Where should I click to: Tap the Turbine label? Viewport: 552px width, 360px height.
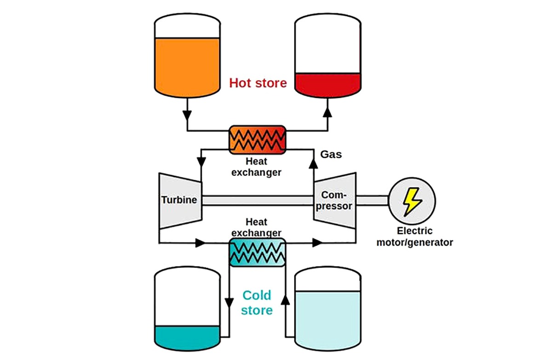[179, 200]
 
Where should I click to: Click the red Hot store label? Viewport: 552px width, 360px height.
[258, 83]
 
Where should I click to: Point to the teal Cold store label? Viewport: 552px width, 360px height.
[257, 303]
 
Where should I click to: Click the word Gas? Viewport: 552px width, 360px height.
[331, 154]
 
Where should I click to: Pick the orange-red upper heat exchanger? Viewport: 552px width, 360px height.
[258, 140]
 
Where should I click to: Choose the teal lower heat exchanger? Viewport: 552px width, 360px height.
[258, 252]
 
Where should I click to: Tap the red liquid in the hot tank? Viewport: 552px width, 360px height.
[327, 84]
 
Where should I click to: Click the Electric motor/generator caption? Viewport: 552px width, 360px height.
[414, 237]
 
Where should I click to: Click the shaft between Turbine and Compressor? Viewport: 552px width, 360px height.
[258, 200]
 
